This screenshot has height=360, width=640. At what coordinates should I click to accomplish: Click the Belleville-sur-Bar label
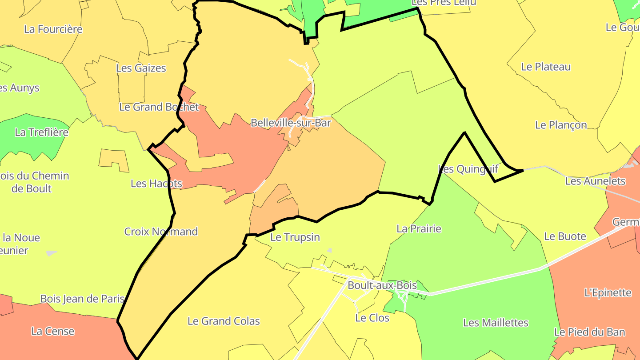pos(291,123)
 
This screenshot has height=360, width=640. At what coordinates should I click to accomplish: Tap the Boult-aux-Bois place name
pos(382,285)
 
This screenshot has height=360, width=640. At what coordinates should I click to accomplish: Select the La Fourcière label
pos(53,29)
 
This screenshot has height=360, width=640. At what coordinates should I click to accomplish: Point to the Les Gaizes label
pos(141,68)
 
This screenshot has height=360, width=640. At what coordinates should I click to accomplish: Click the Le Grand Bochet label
pos(159,107)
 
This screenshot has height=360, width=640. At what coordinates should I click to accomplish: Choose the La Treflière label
pos(42,132)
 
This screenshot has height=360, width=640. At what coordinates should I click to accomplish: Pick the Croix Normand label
pos(161,232)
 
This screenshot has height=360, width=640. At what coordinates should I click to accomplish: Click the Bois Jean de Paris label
pos(82,299)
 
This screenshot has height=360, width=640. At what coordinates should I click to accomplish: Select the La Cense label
pos(53,331)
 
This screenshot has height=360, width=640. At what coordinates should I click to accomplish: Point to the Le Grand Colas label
pos(224,321)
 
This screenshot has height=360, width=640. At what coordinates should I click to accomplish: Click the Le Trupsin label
pos(295,237)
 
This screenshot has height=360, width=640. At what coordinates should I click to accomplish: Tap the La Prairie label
pos(419,229)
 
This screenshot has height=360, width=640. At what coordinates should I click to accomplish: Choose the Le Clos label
pos(372,318)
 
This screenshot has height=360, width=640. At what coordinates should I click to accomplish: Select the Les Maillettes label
pos(496,323)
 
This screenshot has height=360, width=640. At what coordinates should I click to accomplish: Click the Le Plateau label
pos(546,67)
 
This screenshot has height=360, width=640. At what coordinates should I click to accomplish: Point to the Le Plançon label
pos(561,125)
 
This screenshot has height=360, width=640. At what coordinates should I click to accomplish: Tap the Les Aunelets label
pos(595,181)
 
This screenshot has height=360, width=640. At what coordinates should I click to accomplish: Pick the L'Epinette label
pos(608,293)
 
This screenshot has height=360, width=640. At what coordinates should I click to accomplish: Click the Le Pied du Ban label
pos(589,332)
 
